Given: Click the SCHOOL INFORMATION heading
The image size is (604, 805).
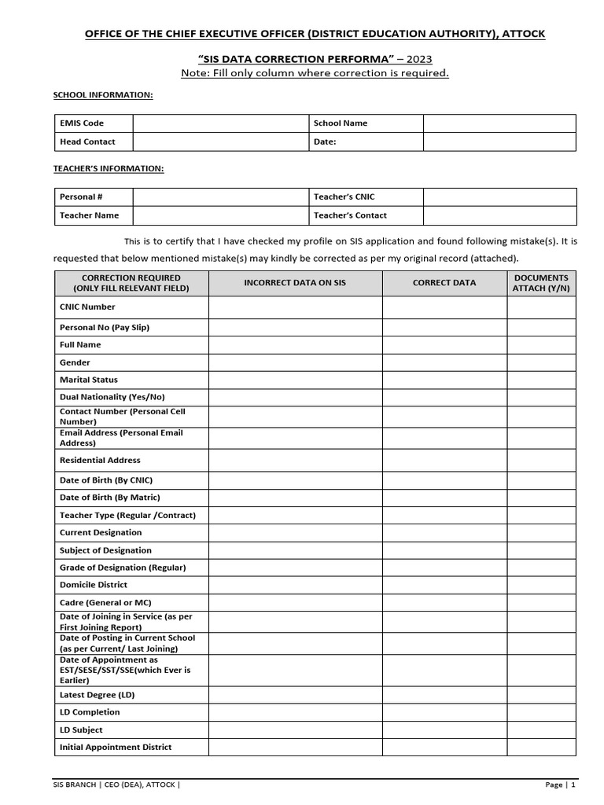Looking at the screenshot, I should point(103,95).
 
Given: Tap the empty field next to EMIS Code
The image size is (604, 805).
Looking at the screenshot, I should point(219,123).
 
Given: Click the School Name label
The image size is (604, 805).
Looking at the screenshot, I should point(340,123).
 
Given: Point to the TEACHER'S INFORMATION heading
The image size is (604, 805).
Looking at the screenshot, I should point(109,168).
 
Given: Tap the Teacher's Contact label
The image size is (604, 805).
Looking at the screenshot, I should point(350,215).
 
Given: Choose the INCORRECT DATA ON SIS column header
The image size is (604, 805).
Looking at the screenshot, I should point(295,283).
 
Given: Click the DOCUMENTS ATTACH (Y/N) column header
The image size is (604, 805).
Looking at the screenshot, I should point(541,283).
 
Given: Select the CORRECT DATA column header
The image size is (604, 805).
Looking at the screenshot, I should point(444,283).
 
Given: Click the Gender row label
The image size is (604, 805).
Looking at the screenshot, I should point(75,362).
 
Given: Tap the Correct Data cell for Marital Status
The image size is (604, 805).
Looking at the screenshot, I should point(444,380).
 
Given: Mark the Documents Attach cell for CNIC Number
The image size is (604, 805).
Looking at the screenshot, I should point(541,307).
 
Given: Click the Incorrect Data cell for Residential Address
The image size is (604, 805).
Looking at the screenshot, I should point(295,460).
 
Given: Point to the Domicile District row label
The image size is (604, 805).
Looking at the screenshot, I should point(93,585).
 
